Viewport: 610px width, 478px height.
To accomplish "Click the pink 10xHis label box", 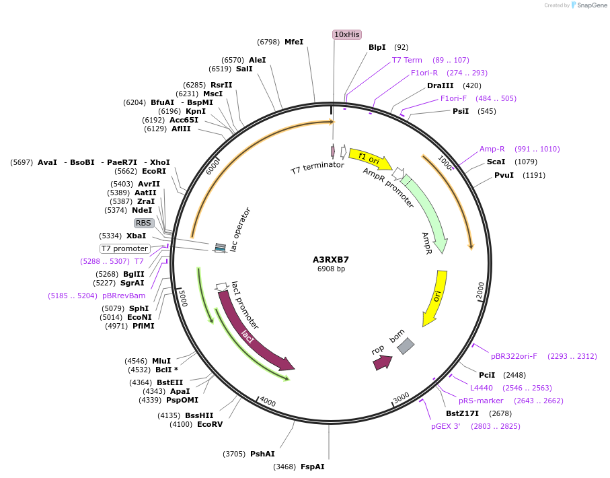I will coord(347,34).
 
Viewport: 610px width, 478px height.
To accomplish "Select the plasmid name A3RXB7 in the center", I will coord(331,259).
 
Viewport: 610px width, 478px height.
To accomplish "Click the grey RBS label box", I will coord(143,223).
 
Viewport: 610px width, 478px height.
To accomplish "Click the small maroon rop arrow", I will coord(382,363).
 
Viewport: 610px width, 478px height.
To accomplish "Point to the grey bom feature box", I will coord(406,346).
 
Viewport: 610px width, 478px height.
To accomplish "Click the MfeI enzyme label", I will coord(294,42).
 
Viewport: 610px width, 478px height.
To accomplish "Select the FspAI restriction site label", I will coord(313,467).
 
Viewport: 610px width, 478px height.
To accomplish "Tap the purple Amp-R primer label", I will coord(492,149).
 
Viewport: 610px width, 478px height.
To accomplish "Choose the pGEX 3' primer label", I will coord(446,426).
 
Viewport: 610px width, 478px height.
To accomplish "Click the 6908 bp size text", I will coord(331,269).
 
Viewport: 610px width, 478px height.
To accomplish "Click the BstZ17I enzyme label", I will coord(462,413).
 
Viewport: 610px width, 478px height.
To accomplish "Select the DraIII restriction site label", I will coord(441,86).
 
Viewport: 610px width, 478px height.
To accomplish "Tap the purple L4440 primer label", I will coord(482,388).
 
